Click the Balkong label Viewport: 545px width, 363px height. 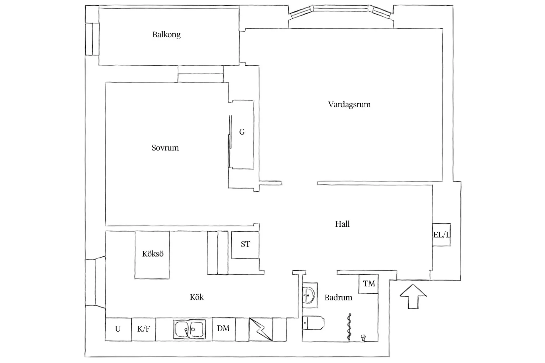point(166,35)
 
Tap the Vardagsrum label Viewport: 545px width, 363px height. point(349,105)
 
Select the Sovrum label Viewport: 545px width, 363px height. point(165,148)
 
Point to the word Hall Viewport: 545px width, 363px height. point(342,224)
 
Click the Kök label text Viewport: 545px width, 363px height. point(197,297)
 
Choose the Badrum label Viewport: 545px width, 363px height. point(338,298)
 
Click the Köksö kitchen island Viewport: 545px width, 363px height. point(152,254)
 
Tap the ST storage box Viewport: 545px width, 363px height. point(245,245)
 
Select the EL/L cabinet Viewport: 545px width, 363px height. point(442,235)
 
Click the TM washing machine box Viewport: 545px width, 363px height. point(369,283)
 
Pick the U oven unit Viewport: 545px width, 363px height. point(118,329)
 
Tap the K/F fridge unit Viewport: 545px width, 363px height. point(144,329)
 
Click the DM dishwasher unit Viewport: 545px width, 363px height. point(223,329)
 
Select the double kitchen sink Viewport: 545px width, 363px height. point(189,329)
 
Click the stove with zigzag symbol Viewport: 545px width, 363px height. point(261,329)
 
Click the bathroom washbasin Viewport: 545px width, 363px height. point(310,295)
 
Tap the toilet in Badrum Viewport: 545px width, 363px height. point(313,323)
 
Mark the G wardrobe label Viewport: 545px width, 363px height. point(242,132)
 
